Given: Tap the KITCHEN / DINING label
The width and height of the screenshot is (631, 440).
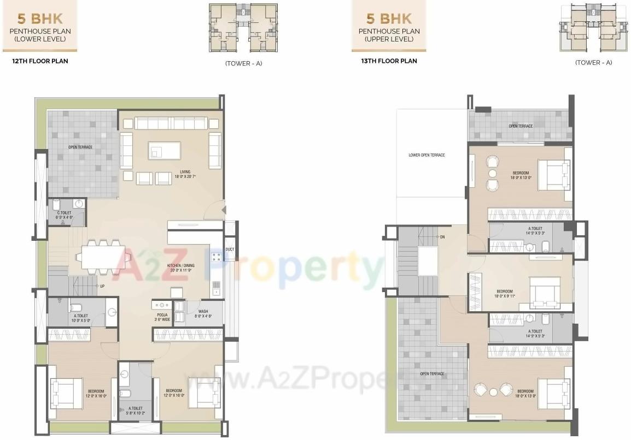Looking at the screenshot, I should (x=180, y=267).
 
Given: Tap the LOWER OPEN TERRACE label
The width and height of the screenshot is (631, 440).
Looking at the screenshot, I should (x=426, y=155).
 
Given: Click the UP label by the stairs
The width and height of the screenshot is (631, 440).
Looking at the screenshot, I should (x=102, y=286).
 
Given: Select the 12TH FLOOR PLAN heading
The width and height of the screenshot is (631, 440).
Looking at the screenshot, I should (x=40, y=61).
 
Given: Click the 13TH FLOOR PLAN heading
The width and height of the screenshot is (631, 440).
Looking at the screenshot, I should (x=389, y=61).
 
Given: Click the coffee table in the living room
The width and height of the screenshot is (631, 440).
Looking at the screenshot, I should (x=165, y=150).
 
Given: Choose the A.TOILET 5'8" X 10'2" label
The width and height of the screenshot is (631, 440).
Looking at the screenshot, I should (x=135, y=411).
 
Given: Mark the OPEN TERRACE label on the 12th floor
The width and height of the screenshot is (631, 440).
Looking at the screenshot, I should (x=80, y=147).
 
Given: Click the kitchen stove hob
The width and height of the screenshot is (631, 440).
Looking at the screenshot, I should (x=217, y=255).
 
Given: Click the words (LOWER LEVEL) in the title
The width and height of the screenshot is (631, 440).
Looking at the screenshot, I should (x=40, y=40).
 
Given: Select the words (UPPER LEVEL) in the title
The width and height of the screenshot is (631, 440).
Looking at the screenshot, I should (x=389, y=40).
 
